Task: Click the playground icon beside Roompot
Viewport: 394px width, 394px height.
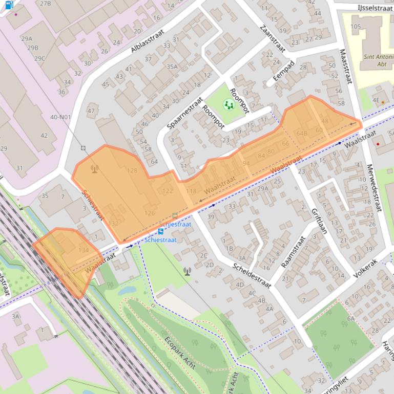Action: pyautogui.click(x=228, y=104)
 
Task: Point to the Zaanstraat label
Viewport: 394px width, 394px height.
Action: pyautogui.click(x=272, y=38)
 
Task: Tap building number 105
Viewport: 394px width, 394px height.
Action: pyautogui.click(x=355, y=27)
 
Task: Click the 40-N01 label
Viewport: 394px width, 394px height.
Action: pyautogui.click(x=60, y=117)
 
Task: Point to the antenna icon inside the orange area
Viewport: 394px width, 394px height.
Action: pyautogui.click(x=94, y=168)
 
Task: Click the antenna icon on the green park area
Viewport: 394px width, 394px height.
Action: pyautogui.click(x=188, y=271)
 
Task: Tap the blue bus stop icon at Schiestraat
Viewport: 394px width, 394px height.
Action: pyautogui.click(x=161, y=231)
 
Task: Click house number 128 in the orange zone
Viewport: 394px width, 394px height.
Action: pyautogui.click(x=132, y=170)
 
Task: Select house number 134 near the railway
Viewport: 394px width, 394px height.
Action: pyautogui.click(x=84, y=250)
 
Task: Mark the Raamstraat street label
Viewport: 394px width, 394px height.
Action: pyautogui.click(x=293, y=252)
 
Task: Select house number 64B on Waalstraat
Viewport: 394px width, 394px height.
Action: pyautogui.click(x=302, y=134)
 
